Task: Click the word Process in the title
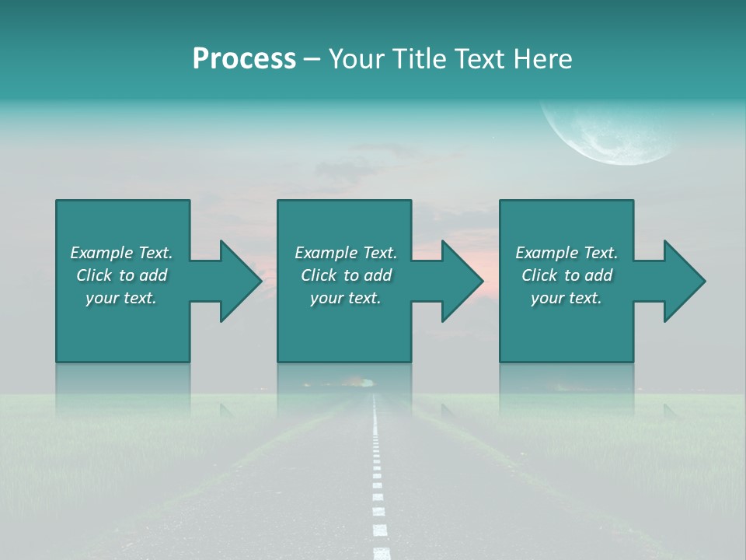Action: [x=244, y=59]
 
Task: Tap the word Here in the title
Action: [x=542, y=59]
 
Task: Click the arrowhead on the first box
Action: [x=237, y=281]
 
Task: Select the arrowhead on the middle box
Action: [x=459, y=281]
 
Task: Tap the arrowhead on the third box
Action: [x=682, y=281]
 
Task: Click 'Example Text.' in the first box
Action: [x=121, y=253]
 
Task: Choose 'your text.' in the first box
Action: [x=121, y=298]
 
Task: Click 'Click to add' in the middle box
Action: [x=346, y=275]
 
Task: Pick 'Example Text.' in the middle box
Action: [x=346, y=253]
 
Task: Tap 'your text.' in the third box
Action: [x=566, y=298]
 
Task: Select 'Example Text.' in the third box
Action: [x=566, y=253]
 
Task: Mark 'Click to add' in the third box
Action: [x=566, y=275]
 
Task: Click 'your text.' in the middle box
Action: [x=346, y=298]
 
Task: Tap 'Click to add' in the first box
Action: [x=121, y=275]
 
